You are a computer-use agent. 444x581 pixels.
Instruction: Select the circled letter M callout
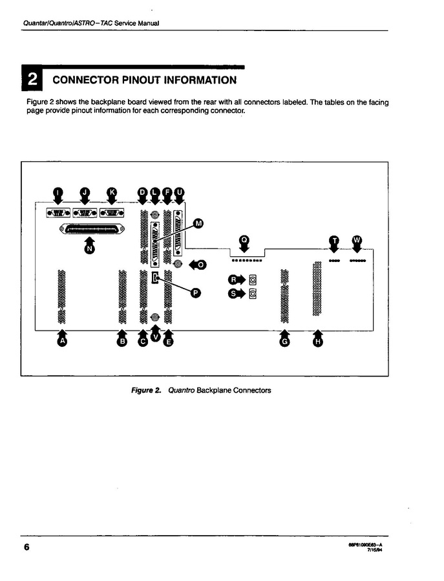198,223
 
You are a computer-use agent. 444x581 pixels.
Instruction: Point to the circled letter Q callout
244,239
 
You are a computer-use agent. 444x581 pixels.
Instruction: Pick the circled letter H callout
317,342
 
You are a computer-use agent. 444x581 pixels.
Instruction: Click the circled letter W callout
357,240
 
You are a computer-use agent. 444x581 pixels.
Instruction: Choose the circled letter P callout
195,292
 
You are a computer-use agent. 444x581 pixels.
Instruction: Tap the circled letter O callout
202,265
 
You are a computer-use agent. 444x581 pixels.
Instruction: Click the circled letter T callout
334,240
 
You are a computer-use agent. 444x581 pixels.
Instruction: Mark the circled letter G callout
284,342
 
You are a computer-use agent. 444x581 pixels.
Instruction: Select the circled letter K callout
111,192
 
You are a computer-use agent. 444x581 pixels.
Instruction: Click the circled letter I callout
58,192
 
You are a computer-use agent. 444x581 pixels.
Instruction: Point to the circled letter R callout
234,280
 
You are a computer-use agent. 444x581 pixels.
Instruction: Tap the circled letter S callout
234,294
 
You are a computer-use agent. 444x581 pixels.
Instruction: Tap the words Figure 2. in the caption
146,391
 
